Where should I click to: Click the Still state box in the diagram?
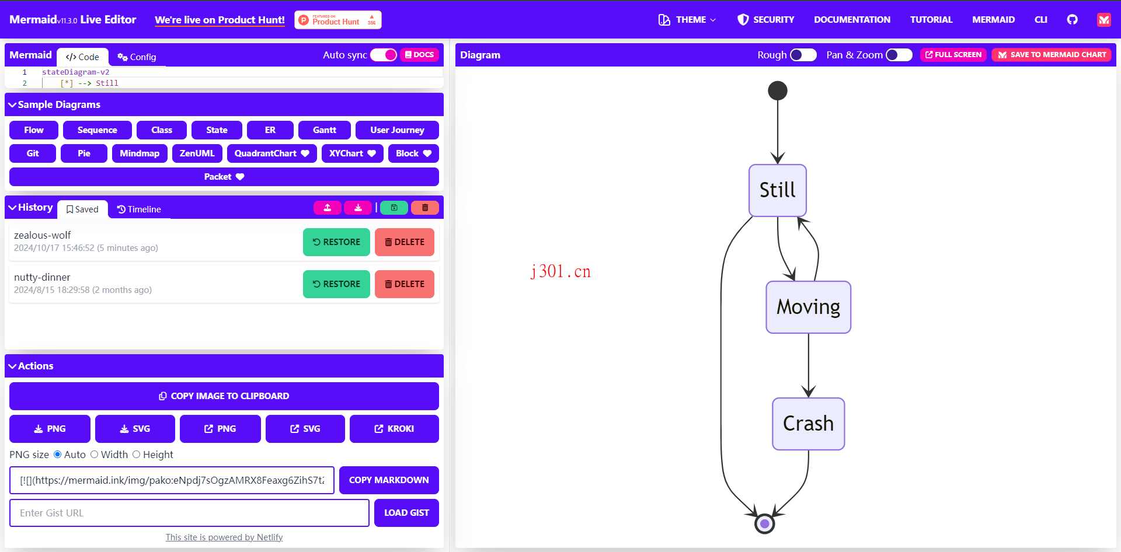tap(778, 190)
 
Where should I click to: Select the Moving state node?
tap(808, 307)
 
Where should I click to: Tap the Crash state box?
tap(808, 424)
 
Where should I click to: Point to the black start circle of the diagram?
tap(778, 90)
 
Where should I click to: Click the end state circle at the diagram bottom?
tap(764, 523)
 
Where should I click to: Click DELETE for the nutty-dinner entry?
tap(405, 284)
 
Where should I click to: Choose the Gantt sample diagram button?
tap(325, 130)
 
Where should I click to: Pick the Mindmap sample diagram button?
tap(140, 153)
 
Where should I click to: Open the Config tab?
tap(137, 57)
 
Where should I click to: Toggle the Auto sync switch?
tap(384, 55)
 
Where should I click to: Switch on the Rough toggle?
tap(803, 55)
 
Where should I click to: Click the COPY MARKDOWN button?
tap(389, 480)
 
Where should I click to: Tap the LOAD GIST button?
tap(406, 513)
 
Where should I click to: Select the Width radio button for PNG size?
tap(94, 455)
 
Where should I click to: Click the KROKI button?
tap(394, 429)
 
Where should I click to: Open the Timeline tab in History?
tap(139, 209)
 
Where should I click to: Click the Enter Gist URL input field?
tap(189, 513)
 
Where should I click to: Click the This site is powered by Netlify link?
tap(224, 537)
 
